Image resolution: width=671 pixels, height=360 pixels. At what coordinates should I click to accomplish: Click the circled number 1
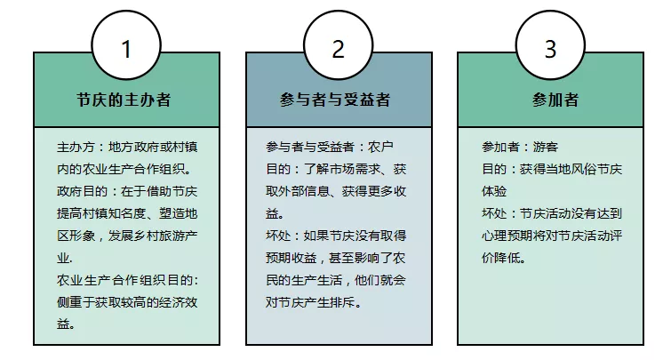[x=126, y=46]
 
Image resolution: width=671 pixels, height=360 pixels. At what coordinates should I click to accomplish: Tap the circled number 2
[x=338, y=46]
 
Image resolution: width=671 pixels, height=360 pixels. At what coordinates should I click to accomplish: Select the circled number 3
[x=550, y=46]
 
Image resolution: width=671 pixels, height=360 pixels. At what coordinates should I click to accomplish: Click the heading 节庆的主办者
[x=124, y=100]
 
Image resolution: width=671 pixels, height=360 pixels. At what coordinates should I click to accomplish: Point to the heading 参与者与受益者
[x=335, y=100]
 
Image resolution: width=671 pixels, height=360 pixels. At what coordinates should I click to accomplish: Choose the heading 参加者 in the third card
[x=555, y=100]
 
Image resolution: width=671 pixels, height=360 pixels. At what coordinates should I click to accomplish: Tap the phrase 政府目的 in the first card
[x=82, y=191]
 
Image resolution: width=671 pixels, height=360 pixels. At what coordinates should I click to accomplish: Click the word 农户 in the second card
[x=380, y=148]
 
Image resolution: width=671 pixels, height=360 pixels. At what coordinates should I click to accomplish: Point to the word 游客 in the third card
[x=546, y=148]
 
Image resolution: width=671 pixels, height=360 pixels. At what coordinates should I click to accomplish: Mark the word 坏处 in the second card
[x=278, y=236]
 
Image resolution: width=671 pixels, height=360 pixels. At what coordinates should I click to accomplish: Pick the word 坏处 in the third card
[x=494, y=213]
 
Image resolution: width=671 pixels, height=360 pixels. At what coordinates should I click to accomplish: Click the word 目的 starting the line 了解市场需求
[x=278, y=170]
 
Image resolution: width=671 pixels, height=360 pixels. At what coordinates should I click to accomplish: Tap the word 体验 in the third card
[x=494, y=191]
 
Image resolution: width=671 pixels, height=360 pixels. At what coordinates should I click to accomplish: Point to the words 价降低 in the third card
[x=500, y=258]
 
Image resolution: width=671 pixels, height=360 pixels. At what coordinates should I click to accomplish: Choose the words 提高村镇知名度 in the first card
[x=101, y=213]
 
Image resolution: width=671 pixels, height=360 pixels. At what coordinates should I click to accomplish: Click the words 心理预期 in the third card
[x=507, y=236]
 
